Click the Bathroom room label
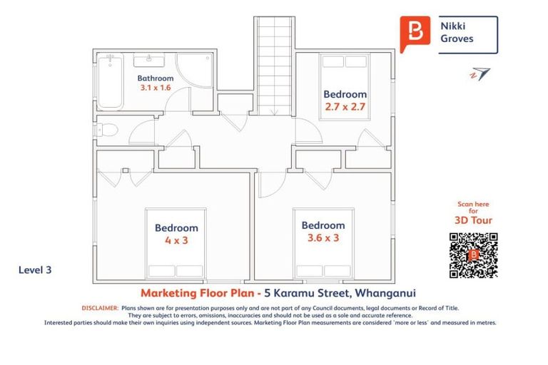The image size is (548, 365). pos(155,78)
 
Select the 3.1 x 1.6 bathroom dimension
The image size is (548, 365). pos(155,88)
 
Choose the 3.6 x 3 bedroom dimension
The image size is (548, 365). pos(323,237)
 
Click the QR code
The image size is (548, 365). pos(473,255)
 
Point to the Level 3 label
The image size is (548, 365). pos(34,270)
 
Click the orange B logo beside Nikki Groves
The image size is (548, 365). pos(415,33)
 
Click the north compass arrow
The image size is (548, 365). pos(480,73)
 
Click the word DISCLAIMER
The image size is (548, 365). pos(99,307)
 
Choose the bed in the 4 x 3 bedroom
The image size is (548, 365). pos(176,242)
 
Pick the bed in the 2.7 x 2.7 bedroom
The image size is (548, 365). pos(345,86)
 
